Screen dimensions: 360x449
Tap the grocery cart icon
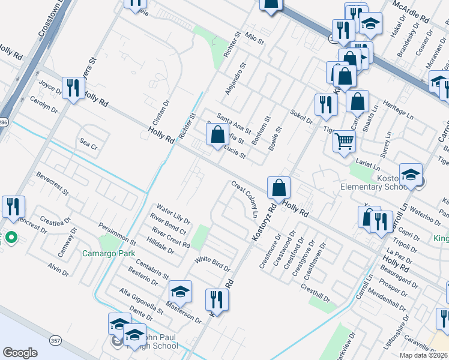345,142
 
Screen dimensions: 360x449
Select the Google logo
20,353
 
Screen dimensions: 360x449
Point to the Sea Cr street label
88,143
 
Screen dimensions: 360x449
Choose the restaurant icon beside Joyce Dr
73,88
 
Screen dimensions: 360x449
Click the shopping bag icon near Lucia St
218,134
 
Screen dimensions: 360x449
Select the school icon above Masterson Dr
180,292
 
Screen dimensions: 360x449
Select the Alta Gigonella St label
142,301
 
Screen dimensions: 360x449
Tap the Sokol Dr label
301,116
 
